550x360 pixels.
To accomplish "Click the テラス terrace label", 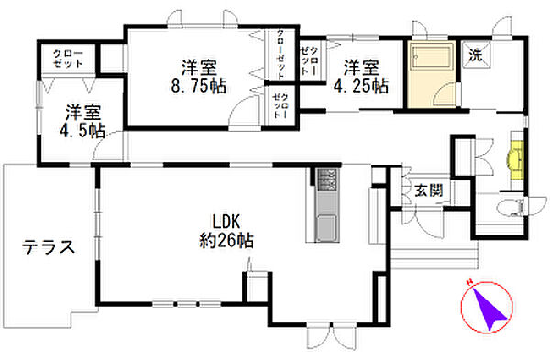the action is pos(49,247).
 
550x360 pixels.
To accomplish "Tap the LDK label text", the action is pos(226,222).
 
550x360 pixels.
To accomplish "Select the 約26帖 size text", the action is pos(226,241).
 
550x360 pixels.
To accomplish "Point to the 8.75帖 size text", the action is pos(199,86).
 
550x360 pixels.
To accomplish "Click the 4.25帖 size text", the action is pos(361,86).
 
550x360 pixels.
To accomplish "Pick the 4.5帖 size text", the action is pos(82,130).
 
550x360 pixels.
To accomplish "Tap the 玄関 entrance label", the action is pos(429,191).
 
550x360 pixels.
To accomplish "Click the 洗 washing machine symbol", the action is pos(476,54).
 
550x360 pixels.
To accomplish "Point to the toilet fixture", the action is pos(510,207).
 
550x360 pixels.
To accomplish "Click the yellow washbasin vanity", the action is pos(515,159).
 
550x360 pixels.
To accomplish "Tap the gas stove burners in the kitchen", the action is pos(327,180).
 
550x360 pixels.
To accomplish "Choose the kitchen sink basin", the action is pos(326,227).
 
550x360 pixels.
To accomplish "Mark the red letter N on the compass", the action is pos(468,282).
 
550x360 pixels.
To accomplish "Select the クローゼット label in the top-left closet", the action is pos(69,59).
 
